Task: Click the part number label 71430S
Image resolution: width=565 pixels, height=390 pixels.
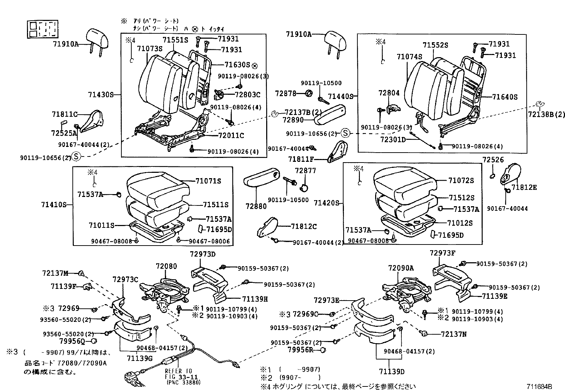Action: point(100,95)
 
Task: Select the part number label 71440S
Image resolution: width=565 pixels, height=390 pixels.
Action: point(341,96)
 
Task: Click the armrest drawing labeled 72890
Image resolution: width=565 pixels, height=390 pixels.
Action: point(330,116)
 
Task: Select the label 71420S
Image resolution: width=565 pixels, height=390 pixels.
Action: point(326,203)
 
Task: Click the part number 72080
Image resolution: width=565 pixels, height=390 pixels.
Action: point(166,266)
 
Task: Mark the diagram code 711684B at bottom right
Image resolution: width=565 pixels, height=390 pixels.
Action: point(539,386)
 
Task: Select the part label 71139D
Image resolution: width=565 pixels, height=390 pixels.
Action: point(391,372)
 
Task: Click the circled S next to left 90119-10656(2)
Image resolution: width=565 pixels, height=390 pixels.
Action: point(75,156)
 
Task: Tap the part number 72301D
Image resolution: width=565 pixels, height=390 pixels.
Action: point(393,140)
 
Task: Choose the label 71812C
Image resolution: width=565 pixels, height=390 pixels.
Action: point(304,226)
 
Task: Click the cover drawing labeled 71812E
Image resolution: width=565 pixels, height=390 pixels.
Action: point(510,174)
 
